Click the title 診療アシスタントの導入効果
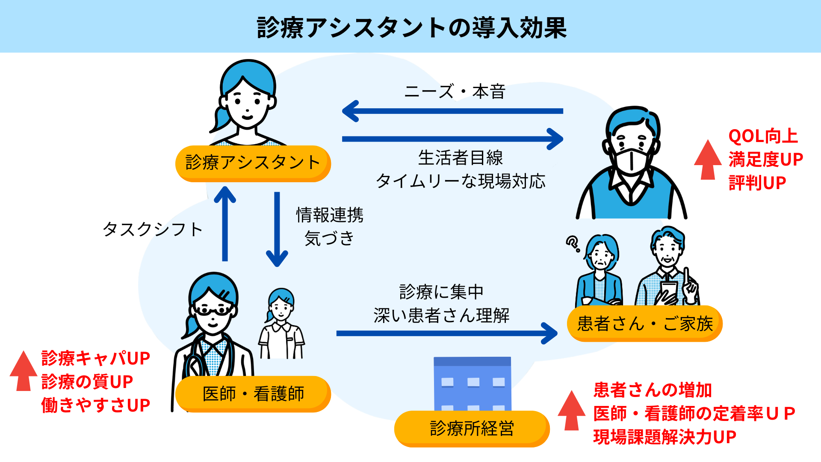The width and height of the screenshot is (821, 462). click(x=412, y=28)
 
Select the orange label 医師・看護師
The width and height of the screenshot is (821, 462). click(x=253, y=394)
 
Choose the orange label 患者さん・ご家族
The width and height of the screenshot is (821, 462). click(x=645, y=323)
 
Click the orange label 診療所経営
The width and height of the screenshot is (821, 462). click(x=472, y=429)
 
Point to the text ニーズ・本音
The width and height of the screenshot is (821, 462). click(x=455, y=92)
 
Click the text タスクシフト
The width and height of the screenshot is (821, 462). click(x=152, y=229)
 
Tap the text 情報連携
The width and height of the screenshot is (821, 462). click(x=330, y=215)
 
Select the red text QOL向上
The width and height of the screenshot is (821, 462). click(x=763, y=136)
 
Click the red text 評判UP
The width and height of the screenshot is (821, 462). click(x=757, y=183)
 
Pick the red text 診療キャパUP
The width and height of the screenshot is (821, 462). click(x=96, y=358)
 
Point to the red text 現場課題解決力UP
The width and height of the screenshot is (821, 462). click(x=665, y=437)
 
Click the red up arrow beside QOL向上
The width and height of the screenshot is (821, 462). click(x=708, y=159)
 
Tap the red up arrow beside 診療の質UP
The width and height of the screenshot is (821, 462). click(x=24, y=370)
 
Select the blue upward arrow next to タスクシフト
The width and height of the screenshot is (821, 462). click(x=225, y=224)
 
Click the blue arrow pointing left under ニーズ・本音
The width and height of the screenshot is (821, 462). click(x=452, y=111)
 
